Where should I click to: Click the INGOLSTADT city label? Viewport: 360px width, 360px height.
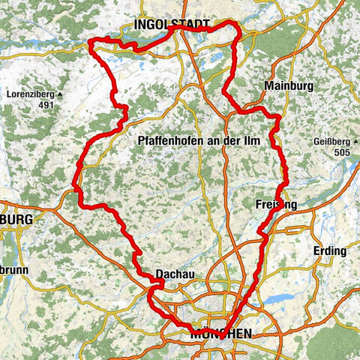[x=172, y=26]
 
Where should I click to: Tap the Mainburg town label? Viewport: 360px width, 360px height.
[x=287, y=86]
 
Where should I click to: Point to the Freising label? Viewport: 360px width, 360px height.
[x=276, y=205]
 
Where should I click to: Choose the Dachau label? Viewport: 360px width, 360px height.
[x=175, y=274]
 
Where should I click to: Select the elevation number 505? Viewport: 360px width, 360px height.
[x=343, y=153]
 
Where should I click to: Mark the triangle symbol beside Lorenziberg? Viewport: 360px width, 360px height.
[x=60, y=94]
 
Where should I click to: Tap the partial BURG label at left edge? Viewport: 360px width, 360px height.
[x=16, y=219]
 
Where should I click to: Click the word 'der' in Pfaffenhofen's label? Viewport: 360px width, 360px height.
[x=244, y=141]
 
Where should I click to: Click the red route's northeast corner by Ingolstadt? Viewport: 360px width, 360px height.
[x=238, y=26]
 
